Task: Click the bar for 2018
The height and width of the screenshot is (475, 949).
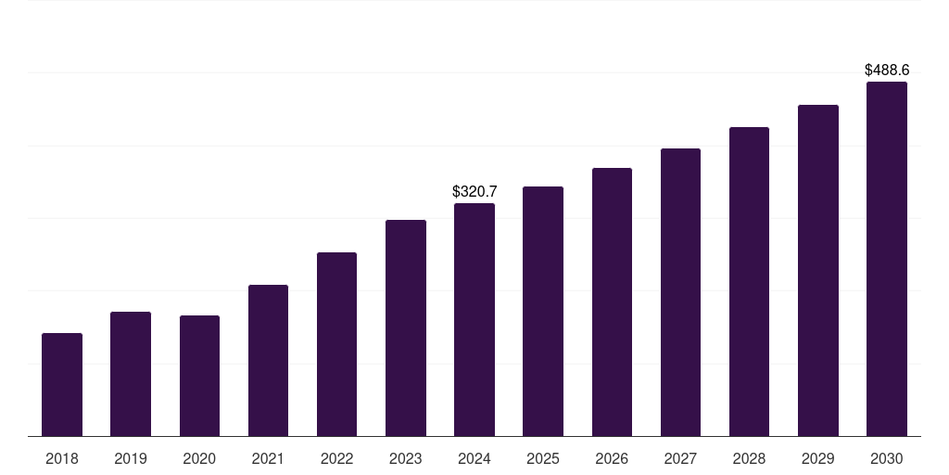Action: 62,384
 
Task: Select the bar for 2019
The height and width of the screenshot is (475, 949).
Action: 131,374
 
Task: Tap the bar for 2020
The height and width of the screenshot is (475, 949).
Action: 199,376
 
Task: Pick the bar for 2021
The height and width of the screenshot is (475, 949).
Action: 268,360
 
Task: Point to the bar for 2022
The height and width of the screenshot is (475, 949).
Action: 336,344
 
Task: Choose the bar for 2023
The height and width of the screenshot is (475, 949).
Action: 406,327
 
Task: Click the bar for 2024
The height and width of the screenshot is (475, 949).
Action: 474,319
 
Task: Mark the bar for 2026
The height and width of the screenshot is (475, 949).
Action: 612,302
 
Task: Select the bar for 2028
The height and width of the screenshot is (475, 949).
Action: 749,281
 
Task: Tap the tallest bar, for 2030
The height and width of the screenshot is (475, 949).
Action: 886,259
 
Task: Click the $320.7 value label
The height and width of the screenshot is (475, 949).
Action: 474,191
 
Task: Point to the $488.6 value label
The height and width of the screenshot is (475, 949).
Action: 887,70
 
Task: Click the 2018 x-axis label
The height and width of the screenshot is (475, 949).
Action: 62,458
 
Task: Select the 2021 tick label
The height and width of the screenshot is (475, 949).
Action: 268,458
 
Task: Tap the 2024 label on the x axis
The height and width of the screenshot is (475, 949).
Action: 474,458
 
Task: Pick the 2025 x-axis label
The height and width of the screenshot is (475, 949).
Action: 543,458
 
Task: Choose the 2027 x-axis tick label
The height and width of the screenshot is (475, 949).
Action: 680,458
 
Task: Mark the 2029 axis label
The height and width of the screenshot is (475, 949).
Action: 817,458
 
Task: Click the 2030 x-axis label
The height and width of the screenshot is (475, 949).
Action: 886,458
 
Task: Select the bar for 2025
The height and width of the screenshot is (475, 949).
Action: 543,311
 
